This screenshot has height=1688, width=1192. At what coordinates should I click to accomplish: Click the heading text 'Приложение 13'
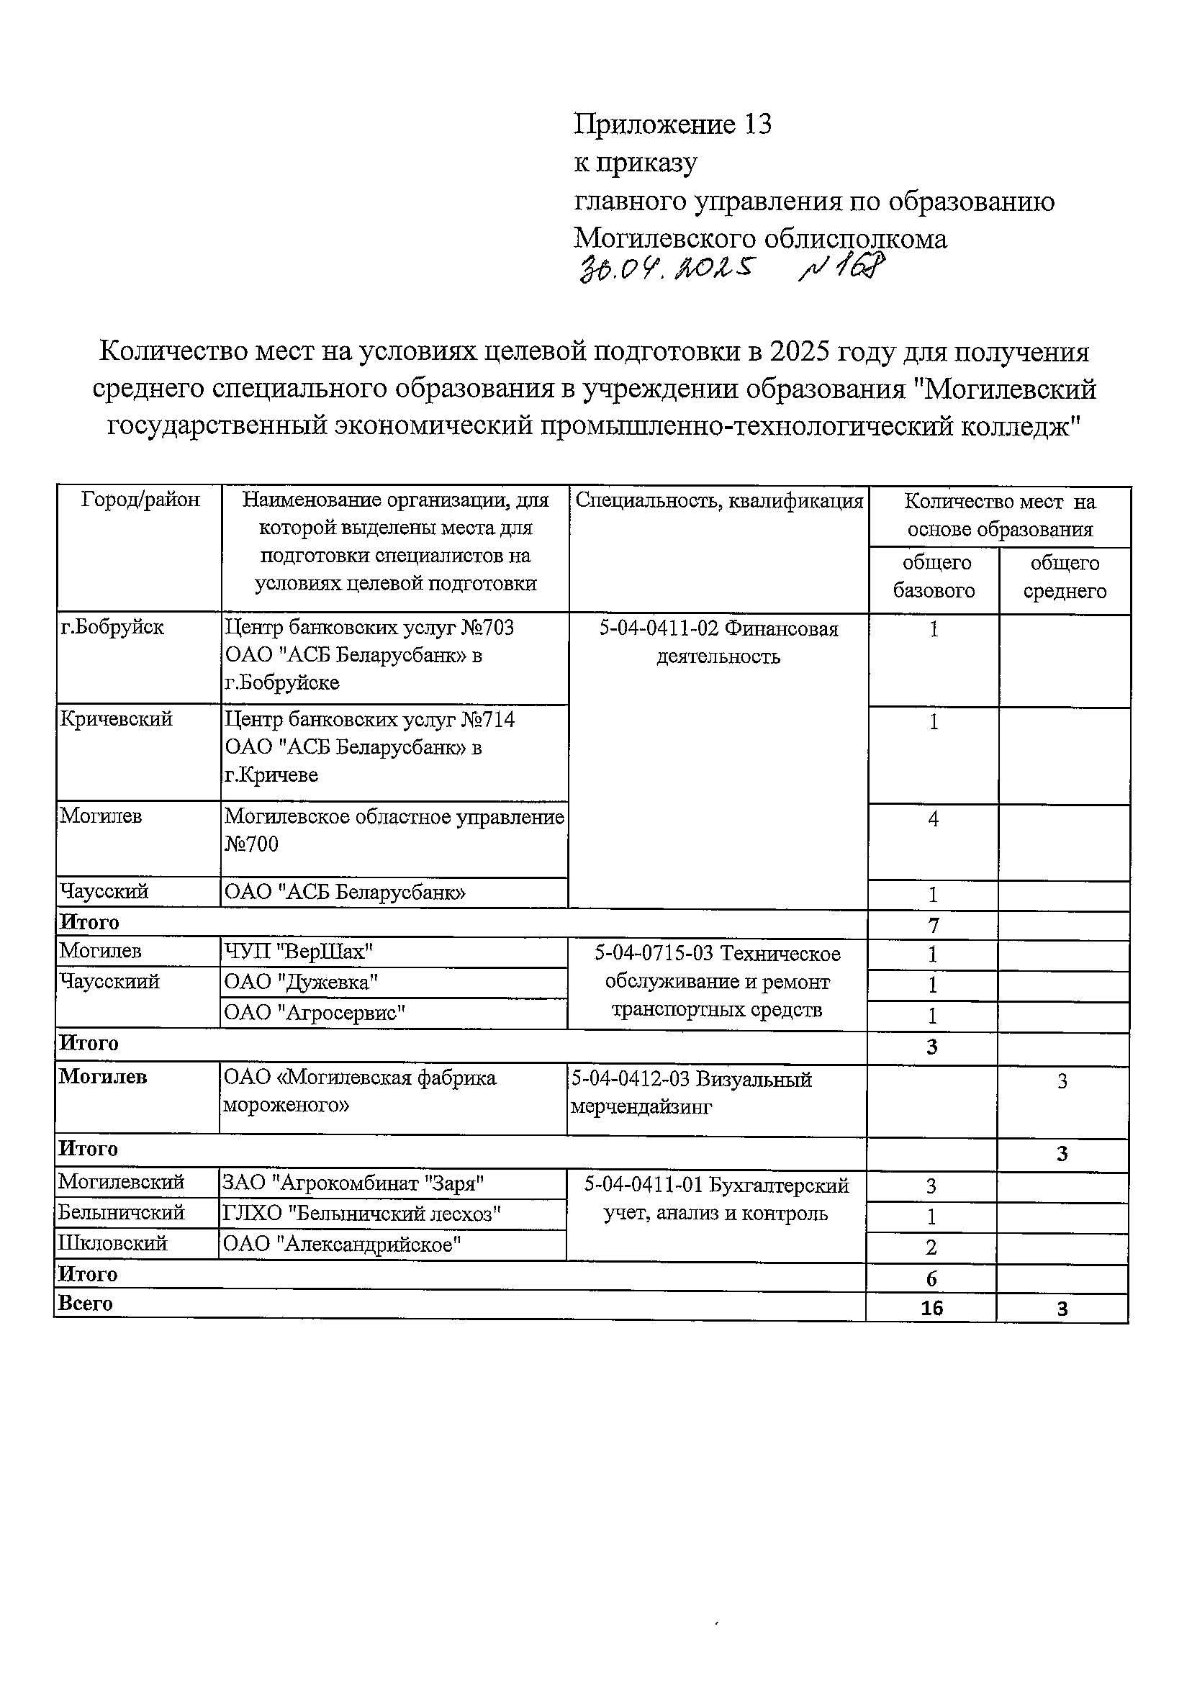coord(672,125)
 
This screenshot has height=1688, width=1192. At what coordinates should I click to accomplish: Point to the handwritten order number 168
coord(842,269)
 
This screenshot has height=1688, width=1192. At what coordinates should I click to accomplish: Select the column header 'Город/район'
coord(140,500)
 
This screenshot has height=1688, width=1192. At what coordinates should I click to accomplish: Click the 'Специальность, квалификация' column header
coord(718,501)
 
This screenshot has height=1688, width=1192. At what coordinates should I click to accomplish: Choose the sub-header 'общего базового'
coord(933,577)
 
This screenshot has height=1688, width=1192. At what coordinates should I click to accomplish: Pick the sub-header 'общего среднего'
coord(1064,577)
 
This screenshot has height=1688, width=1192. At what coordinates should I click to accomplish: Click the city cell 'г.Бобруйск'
coord(112,627)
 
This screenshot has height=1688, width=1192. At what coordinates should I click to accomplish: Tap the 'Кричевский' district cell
coord(116,718)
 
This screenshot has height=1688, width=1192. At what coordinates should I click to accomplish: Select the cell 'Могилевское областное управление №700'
coord(394,830)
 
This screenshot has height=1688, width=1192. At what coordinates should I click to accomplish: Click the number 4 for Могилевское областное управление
coord(933,818)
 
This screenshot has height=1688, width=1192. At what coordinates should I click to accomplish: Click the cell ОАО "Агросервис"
coord(315,1013)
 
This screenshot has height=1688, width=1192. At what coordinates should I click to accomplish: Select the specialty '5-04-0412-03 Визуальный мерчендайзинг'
coord(691,1093)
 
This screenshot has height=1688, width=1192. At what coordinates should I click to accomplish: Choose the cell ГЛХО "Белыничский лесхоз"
coord(361,1214)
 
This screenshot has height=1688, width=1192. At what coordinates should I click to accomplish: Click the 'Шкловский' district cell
coord(113,1244)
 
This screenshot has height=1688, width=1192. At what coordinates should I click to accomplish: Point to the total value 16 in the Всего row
coord(931,1308)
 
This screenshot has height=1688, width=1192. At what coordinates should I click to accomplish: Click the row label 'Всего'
coord(86,1304)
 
